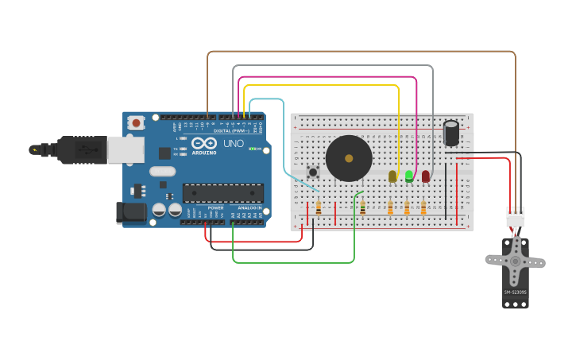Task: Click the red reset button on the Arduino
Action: tap(137, 122)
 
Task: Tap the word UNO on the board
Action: tap(234, 144)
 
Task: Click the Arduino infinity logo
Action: tap(204, 143)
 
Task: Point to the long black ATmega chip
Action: tap(222, 193)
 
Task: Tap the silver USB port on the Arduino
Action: tap(126, 149)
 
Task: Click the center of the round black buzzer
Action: tap(349, 158)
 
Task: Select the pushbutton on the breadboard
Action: tap(313, 172)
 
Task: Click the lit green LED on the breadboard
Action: tap(409, 176)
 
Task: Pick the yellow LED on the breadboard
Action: tap(392, 176)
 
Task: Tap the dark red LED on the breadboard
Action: tap(426, 176)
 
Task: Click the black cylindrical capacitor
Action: tap(451, 133)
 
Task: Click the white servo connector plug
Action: tap(516, 216)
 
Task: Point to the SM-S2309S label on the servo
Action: tap(515, 292)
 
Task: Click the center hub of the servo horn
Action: tap(516, 261)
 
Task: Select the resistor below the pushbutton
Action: tap(319, 208)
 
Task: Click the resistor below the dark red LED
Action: tap(423, 208)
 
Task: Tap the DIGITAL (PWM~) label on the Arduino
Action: tap(235, 130)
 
